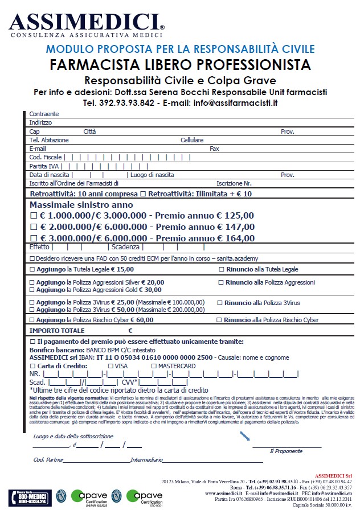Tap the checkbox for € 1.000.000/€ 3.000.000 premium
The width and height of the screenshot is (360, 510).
click(x=33, y=216)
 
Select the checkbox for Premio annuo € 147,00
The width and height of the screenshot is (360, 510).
click(x=33, y=227)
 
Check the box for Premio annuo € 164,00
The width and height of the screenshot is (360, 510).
click(x=33, y=238)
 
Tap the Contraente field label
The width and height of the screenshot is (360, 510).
click(x=44, y=114)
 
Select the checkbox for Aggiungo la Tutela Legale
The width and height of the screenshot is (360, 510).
click(x=31, y=269)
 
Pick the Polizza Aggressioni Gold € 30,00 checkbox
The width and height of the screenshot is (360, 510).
click(x=31, y=290)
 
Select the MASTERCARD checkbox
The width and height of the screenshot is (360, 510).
click(x=154, y=366)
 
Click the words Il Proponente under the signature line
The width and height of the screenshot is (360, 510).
click(x=286, y=450)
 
